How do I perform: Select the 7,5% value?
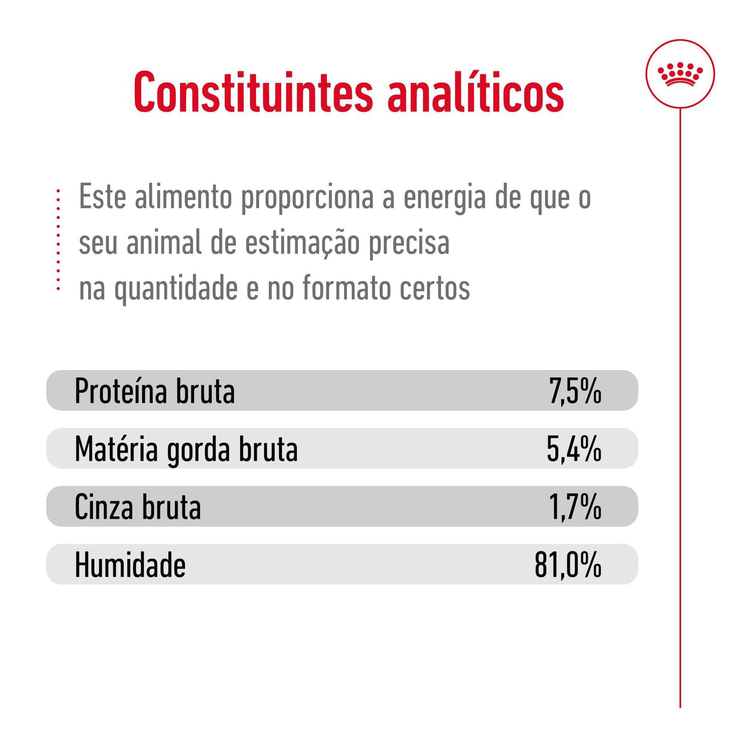(575, 391)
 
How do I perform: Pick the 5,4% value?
(574, 448)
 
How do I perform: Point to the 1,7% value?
(575, 507)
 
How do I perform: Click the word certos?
(435, 288)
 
